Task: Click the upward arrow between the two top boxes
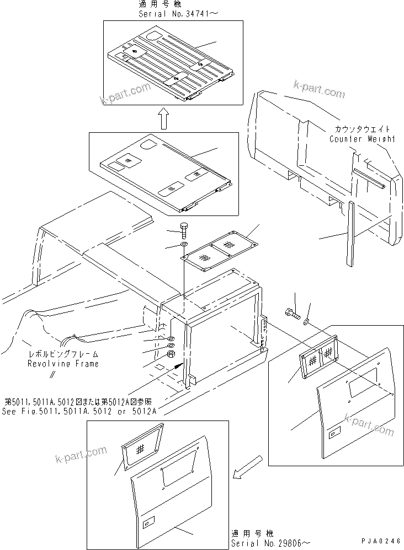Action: tap(163, 117)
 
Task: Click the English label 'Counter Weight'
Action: tap(362, 139)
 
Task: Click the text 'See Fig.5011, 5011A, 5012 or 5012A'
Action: tap(79, 411)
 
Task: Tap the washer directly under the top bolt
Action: tap(183, 244)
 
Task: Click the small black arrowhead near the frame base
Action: tap(178, 364)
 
